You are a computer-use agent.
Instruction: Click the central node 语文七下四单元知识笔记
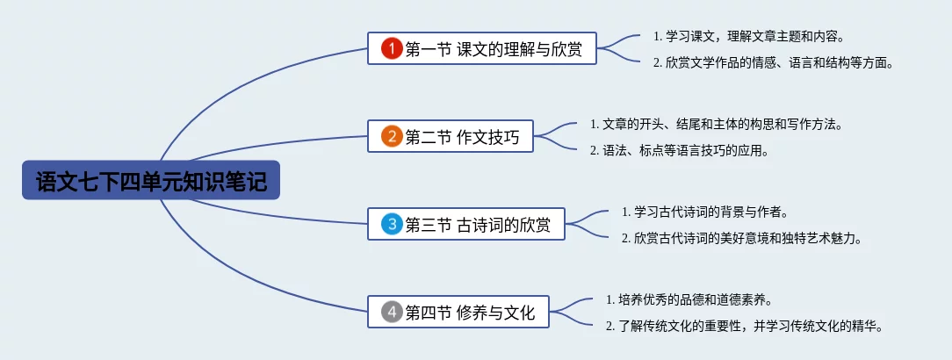(x=150, y=180)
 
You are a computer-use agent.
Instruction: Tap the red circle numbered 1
(x=393, y=48)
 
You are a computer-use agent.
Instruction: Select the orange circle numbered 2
(x=393, y=136)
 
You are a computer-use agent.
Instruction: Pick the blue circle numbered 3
(x=393, y=224)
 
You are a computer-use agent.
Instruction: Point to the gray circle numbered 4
(x=393, y=312)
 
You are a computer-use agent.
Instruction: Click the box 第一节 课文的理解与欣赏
(x=482, y=48)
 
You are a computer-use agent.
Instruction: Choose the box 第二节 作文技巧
(x=451, y=136)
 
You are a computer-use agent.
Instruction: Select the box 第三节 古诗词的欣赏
(x=466, y=224)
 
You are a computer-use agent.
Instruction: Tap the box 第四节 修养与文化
(x=458, y=312)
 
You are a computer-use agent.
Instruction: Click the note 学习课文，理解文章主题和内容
(x=749, y=36)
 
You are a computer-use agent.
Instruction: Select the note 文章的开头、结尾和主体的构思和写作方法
(x=717, y=125)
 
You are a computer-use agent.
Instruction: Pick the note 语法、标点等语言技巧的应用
(x=680, y=150)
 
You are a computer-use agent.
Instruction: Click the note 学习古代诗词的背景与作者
(x=705, y=212)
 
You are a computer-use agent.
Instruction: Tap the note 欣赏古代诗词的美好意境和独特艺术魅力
(x=742, y=239)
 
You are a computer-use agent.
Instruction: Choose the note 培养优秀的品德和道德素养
(x=689, y=300)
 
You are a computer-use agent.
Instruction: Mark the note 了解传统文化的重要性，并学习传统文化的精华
(x=744, y=326)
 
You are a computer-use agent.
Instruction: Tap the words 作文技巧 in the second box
(x=487, y=137)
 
